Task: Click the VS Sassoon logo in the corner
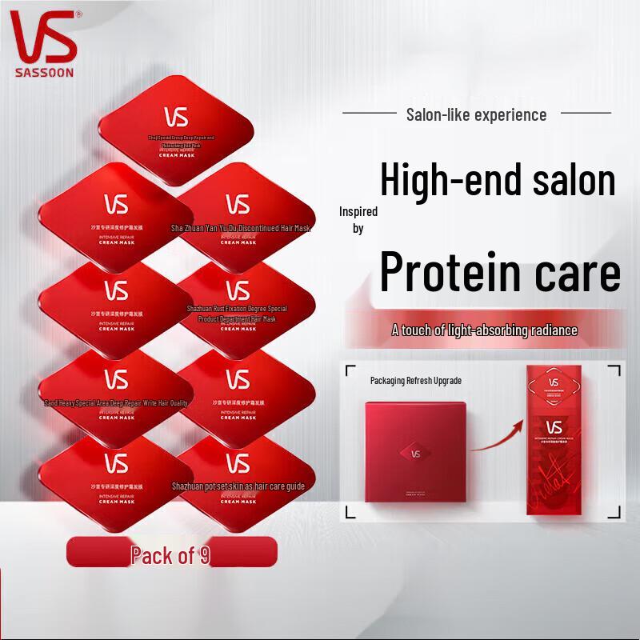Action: click(x=44, y=40)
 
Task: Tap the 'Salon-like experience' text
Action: click(x=476, y=114)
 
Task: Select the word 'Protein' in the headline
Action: click(x=446, y=272)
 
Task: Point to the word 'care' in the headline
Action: click(x=571, y=272)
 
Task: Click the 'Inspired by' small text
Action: click(x=358, y=220)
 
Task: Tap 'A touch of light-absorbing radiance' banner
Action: click(x=484, y=330)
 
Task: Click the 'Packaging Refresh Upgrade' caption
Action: click(x=415, y=380)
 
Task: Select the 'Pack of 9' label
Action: click(x=170, y=554)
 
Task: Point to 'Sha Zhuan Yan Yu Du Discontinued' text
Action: click(x=241, y=228)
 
